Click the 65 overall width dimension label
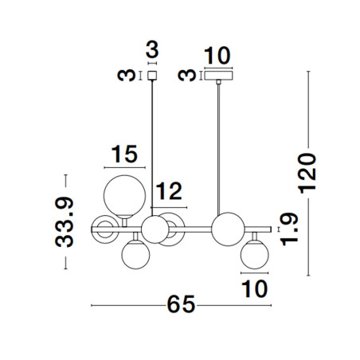tap(181, 305)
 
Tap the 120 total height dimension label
tap(307, 174)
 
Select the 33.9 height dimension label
tap(65, 222)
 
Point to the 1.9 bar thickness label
tap(290, 229)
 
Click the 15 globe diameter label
tap(124, 154)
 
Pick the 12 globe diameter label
tap(169, 191)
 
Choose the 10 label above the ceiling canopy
tap(217, 56)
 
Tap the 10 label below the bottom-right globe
tap(255, 289)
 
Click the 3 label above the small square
tap(152, 49)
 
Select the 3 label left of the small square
tap(127, 75)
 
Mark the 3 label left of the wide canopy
tap(187, 75)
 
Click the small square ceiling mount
tap(152, 76)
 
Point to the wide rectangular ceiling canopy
tap(218, 76)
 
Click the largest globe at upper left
tap(124, 197)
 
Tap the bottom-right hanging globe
tap(255, 255)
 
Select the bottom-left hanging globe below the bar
tap(135, 255)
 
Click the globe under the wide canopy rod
tap(228, 229)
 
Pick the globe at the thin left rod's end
tap(155, 229)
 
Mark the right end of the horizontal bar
tap(271, 229)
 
